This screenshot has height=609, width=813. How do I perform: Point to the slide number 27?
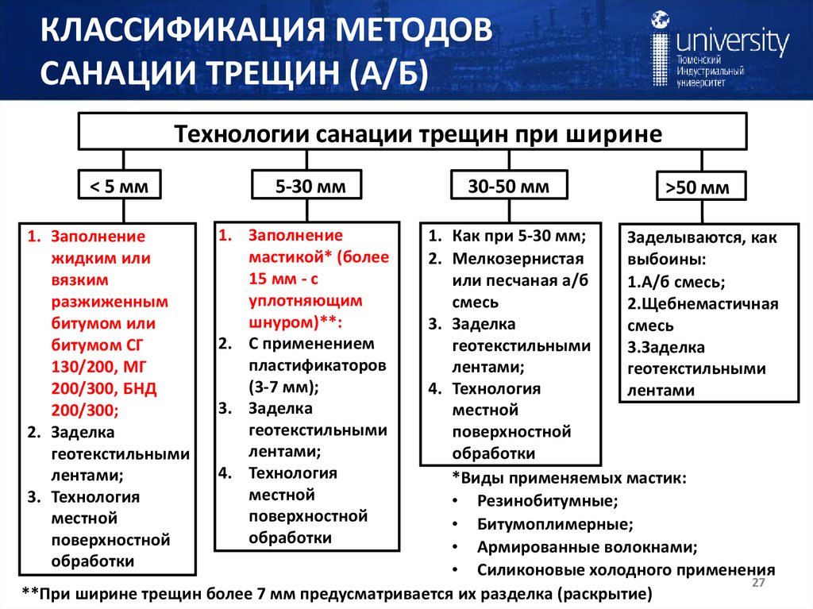coord(757,584)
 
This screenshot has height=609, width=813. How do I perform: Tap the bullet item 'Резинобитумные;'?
coord(547,501)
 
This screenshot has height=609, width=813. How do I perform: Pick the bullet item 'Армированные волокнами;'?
coord(588,547)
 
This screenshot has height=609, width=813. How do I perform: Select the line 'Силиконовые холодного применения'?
coord(626,570)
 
